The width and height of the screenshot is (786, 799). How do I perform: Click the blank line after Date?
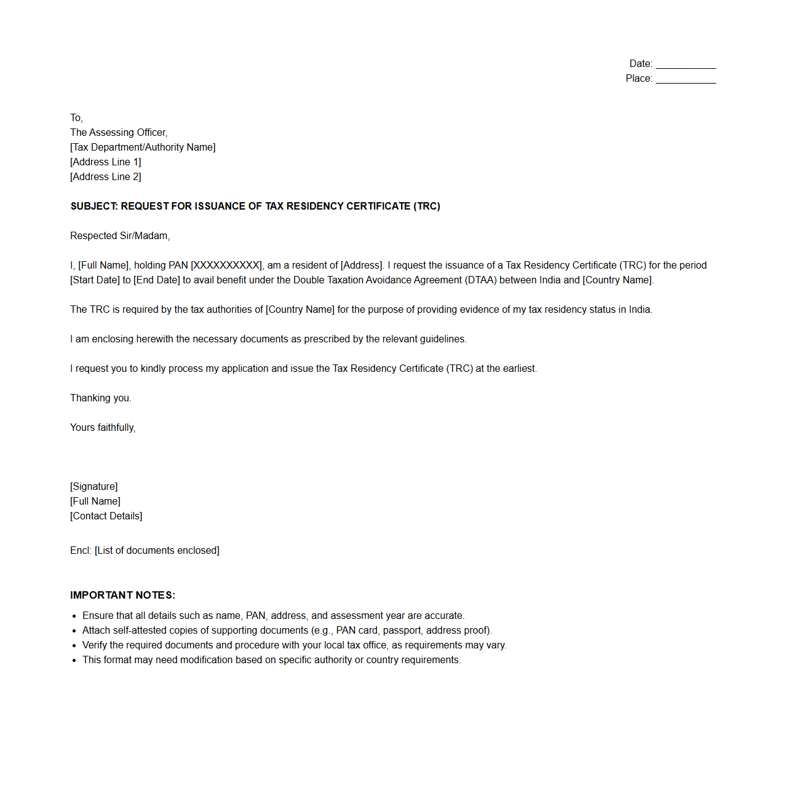point(686,65)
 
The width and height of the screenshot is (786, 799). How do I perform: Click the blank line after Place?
point(686,79)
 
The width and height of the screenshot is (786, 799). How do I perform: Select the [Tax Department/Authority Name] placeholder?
point(143,148)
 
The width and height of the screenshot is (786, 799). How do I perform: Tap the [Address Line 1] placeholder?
point(106,162)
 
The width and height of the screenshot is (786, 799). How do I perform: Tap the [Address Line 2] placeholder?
point(106,177)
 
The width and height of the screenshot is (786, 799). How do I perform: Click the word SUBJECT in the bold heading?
point(93,207)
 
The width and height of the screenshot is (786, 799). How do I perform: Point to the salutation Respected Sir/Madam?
point(120,236)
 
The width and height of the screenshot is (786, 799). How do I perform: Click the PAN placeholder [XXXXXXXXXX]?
point(227,266)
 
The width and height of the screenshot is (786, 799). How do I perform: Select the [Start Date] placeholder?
point(95,280)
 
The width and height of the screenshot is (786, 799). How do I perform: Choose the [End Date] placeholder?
point(156,280)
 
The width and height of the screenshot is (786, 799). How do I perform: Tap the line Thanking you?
point(101,398)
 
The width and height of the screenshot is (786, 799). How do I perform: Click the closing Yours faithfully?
point(103,428)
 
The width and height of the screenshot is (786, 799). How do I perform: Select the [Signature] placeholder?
point(94,487)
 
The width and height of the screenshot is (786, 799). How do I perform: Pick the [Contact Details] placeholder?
point(106,516)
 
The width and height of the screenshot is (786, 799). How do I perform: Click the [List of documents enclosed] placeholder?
point(157,551)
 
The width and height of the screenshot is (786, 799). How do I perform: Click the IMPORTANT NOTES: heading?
point(122,596)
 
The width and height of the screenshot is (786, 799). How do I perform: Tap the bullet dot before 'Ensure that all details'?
point(74,616)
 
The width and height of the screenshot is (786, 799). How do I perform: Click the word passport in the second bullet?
point(402,631)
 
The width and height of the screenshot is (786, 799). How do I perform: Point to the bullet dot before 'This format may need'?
point(74,660)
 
